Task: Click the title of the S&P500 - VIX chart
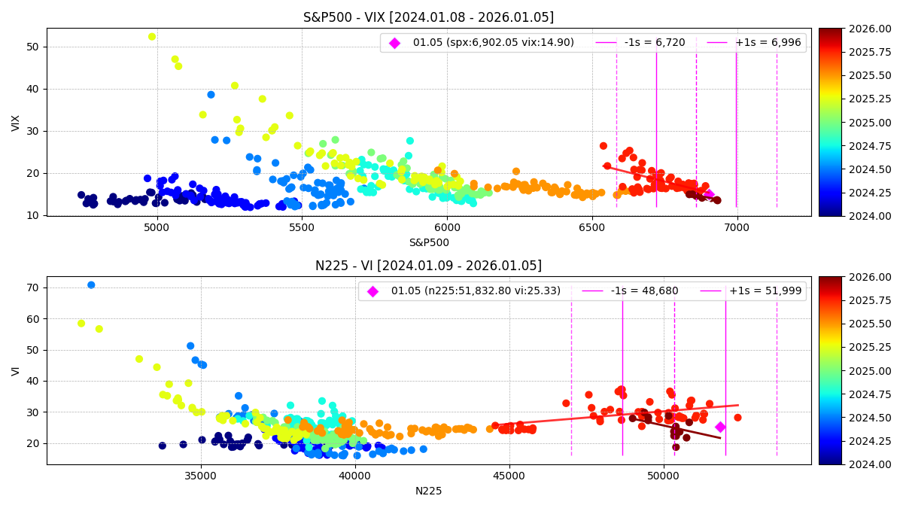point(428,17)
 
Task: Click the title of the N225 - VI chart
point(428,266)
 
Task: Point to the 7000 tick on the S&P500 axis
point(737,224)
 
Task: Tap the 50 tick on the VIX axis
point(32,47)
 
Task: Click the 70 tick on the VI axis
point(32,287)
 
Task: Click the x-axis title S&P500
point(428,242)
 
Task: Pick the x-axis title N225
point(428,491)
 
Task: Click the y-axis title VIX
point(16,123)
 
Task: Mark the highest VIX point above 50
point(152,36)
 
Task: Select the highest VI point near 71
point(91,284)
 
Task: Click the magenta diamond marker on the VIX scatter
point(708,194)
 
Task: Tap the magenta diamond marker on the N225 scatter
point(720,427)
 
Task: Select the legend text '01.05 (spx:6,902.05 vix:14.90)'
point(493,43)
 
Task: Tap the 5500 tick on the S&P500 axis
point(302,224)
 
